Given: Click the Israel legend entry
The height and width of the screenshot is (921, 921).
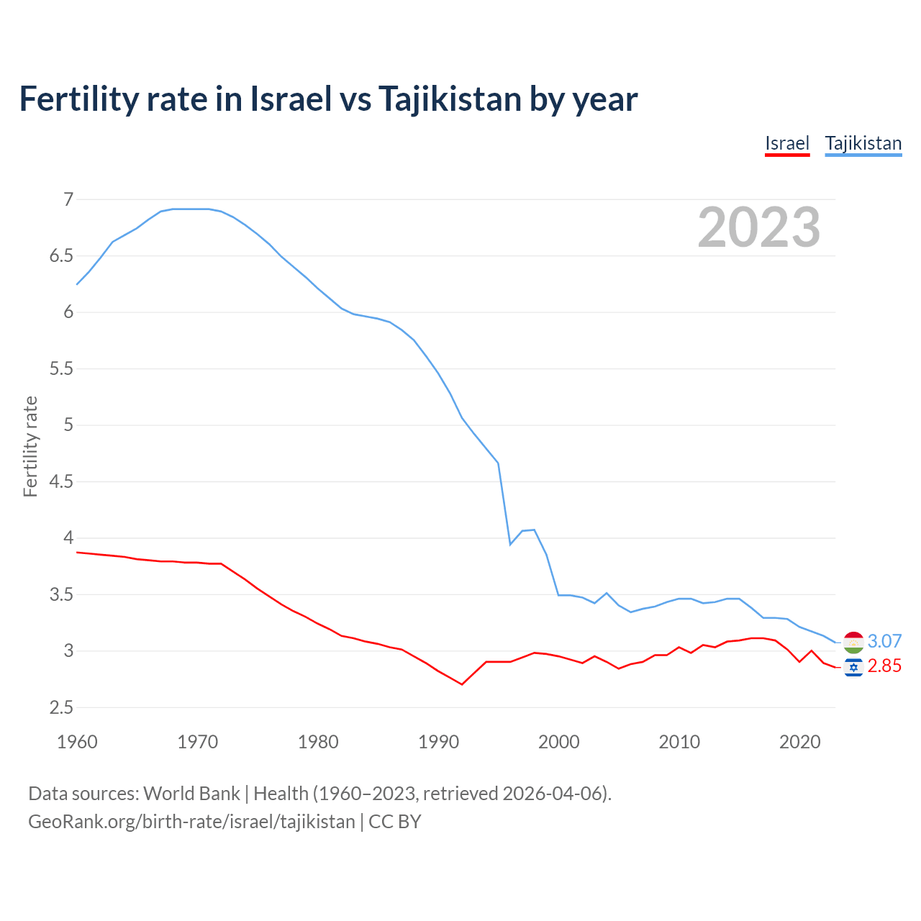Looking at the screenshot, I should click(x=787, y=143).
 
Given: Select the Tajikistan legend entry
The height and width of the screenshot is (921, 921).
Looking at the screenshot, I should click(x=863, y=143).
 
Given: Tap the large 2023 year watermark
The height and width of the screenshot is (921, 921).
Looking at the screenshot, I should click(x=758, y=227).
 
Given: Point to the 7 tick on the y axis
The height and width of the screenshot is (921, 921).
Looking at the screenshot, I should click(x=68, y=199).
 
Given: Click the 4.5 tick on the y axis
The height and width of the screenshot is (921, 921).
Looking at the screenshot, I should click(x=61, y=481).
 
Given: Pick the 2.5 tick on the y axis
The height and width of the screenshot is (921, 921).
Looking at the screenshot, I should click(x=61, y=707).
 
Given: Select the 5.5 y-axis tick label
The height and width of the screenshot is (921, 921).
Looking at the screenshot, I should click(x=61, y=368).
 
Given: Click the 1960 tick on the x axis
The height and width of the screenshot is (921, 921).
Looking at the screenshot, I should click(x=77, y=742).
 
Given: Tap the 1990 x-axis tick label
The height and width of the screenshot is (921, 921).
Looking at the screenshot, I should click(x=438, y=742).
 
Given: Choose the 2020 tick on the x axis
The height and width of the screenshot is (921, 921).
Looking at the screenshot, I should click(x=799, y=742).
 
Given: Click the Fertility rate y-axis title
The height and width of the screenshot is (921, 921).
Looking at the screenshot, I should click(x=30, y=446).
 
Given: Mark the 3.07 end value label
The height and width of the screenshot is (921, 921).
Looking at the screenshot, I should click(x=884, y=641).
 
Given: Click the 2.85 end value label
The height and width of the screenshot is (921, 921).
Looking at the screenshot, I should click(x=884, y=666).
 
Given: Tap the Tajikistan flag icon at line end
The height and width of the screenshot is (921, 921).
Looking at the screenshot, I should click(x=853, y=642).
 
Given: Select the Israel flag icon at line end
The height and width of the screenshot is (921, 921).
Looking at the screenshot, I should click(x=853, y=668).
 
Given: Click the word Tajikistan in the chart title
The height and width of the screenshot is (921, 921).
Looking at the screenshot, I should click(x=449, y=99).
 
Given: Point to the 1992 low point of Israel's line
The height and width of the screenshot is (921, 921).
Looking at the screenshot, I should click(x=462, y=684).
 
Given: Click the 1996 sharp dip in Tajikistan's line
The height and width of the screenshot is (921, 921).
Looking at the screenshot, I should click(x=510, y=544).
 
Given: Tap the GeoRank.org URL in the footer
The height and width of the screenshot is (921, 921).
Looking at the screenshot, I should click(x=191, y=822).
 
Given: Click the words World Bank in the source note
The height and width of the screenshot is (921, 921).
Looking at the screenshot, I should click(x=191, y=794).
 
